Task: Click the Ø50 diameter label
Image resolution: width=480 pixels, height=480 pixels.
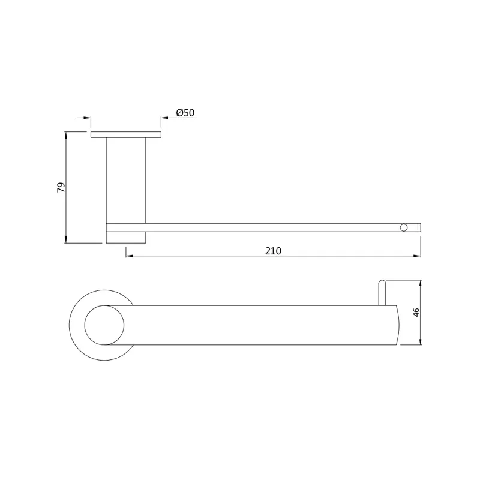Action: point(185,113)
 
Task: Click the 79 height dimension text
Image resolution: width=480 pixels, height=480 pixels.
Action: point(61,187)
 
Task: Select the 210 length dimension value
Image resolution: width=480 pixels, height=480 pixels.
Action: point(273,251)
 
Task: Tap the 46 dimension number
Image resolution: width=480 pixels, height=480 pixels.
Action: point(416,312)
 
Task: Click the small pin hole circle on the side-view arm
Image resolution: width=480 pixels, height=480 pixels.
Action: point(404,227)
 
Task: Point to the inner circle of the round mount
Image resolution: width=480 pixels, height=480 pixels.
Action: point(104,325)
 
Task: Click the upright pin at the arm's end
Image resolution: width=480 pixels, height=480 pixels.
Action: point(382,293)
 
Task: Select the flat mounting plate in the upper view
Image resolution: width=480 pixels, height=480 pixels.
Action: point(126,134)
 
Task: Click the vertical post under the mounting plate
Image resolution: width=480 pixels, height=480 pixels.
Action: point(126,181)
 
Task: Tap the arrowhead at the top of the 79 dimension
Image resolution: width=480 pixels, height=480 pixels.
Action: point(66,135)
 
